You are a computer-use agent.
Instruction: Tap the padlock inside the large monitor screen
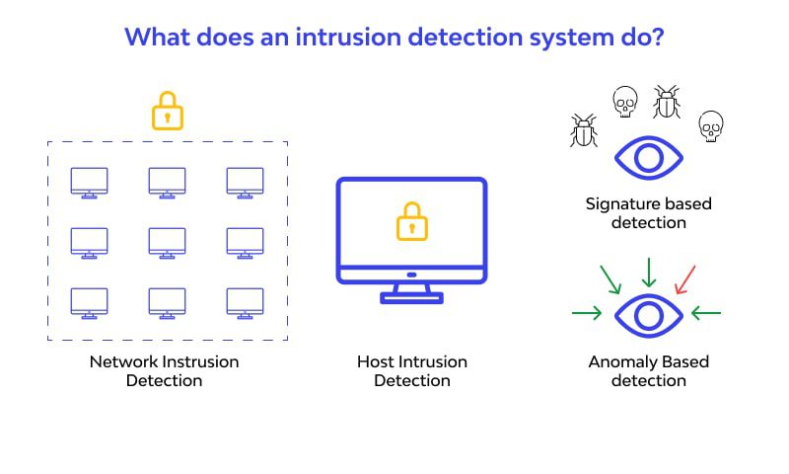pos(412,222)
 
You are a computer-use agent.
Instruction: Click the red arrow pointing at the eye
pos(684,278)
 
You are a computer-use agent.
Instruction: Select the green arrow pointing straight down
pos(648,271)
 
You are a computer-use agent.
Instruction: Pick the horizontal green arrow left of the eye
pos(587,314)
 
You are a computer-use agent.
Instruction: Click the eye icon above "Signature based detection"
pos(648,158)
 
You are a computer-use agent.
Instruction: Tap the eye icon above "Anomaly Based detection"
pos(648,315)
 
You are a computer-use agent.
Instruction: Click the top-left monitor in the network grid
pos(90,182)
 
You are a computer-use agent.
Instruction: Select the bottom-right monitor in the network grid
pos(245,302)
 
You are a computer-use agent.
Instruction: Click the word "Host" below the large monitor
pos(376,361)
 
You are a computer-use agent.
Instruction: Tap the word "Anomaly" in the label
pos(619,361)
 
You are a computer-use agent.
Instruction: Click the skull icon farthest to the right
pos(710,125)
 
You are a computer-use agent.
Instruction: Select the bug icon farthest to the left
pos(583,130)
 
